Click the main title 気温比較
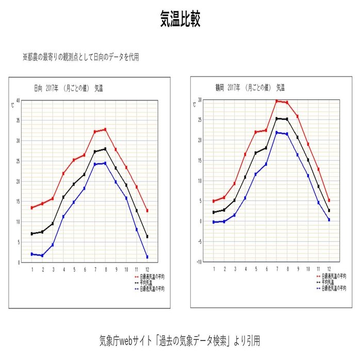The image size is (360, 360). point(179,20)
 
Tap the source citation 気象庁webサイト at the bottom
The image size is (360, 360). point(179,340)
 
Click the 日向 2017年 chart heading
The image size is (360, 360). point(70,88)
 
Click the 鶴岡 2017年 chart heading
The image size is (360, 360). point(250,88)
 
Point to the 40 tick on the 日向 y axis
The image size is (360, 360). point(18,100)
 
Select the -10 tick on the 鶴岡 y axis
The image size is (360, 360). point(198,261)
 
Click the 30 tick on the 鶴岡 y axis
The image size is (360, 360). point(199,100)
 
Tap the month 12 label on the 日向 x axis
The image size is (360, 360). point(147,269)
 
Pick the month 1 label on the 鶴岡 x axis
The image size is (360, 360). point(214,269)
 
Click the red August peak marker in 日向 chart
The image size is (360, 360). point(105,129)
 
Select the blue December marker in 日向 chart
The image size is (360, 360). point(147,257)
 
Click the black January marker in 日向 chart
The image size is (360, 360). point(32,234)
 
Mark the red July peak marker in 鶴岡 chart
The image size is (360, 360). point(276,101)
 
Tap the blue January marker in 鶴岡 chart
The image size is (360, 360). point(214,222)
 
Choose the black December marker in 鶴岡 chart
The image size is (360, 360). point(329,210)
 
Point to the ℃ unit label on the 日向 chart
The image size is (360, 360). point(13,105)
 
